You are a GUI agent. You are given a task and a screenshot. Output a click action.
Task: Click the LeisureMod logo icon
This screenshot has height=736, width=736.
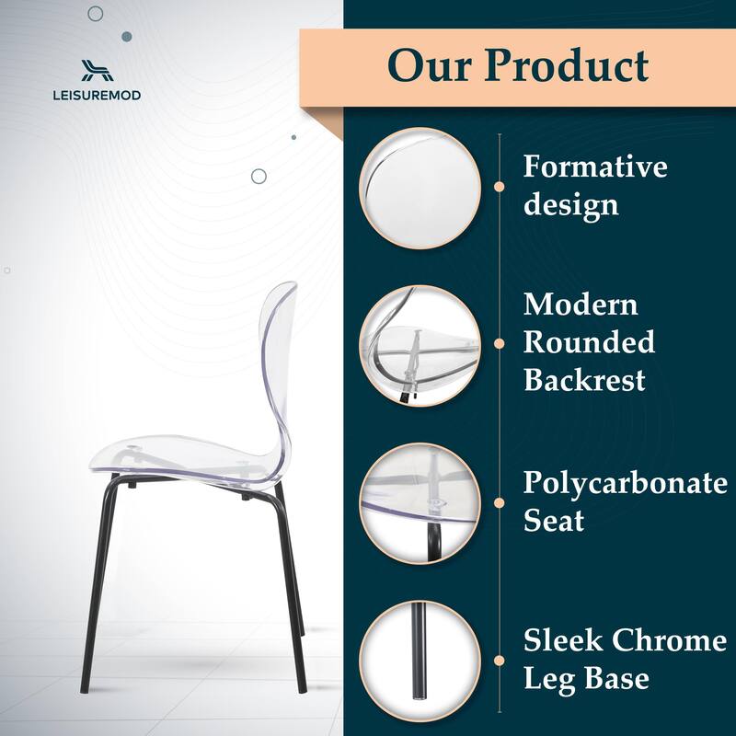(x=97, y=69)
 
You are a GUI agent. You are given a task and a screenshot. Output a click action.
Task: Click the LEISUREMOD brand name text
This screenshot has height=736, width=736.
(x=97, y=94)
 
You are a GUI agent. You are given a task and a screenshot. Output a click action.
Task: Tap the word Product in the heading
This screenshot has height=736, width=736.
(x=567, y=65)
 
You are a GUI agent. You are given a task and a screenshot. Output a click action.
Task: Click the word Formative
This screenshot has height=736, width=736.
(x=595, y=167)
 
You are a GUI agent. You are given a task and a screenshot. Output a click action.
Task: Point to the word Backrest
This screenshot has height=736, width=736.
(x=584, y=379)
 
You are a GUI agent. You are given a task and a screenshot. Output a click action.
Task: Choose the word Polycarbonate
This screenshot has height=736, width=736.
(x=625, y=484)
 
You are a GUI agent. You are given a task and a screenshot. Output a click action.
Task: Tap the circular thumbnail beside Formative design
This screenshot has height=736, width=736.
(x=420, y=186)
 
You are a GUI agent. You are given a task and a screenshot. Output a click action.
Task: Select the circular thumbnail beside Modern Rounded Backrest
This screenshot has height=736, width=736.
(x=420, y=343)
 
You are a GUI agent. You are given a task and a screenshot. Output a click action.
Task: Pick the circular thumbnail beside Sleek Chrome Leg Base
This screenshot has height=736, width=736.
(x=420, y=660)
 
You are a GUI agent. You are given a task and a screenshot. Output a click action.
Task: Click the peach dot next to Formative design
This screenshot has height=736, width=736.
(x=499, y=186)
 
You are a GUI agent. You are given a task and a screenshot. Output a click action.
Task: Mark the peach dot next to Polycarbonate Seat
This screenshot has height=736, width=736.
(x=499, y=502)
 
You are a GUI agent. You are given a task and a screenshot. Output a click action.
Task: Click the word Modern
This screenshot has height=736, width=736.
(x=581, y=305)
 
